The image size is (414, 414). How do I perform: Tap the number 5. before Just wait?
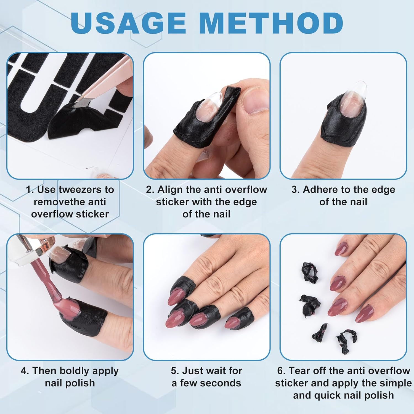(x=175, y=371)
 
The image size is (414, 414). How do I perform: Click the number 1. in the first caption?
(x=30, y=190)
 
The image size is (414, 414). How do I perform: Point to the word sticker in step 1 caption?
(x=92, y=214)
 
